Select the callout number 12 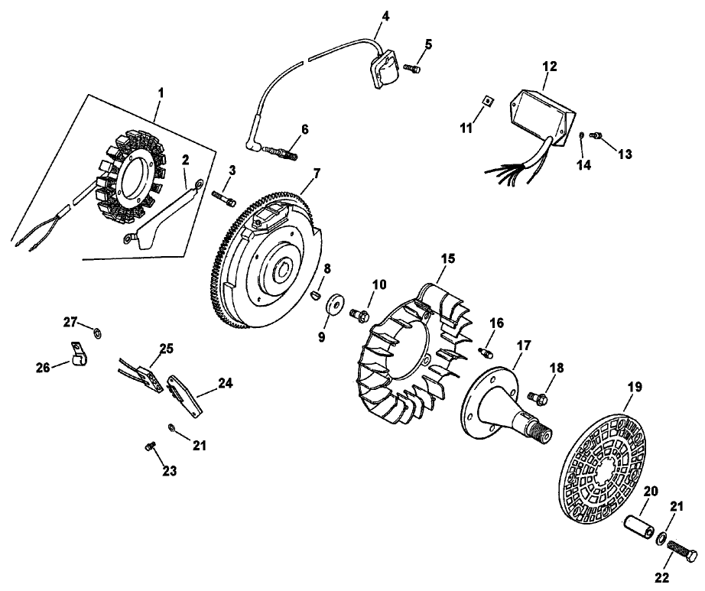point(548,67)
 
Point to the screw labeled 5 point(412,69)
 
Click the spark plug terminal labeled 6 point(279,151)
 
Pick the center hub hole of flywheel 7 point(284,270)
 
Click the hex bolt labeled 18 point(538,396)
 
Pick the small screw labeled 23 point(149,446)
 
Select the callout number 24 point(223,385)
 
